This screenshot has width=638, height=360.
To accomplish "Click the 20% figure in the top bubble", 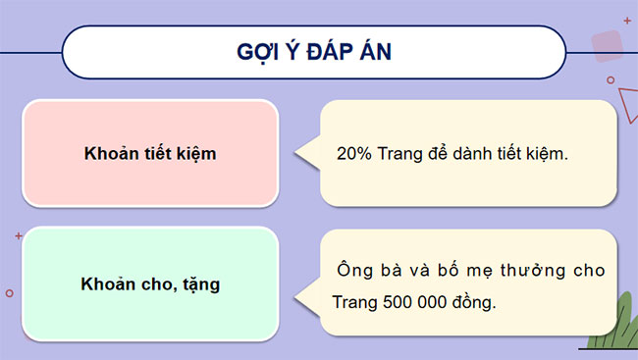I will (351, 154).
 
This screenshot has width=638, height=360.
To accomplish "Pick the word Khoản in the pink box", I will (108, 154).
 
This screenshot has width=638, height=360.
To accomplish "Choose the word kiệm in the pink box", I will (196, 154).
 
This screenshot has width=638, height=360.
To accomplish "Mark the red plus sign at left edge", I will (19, 236).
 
